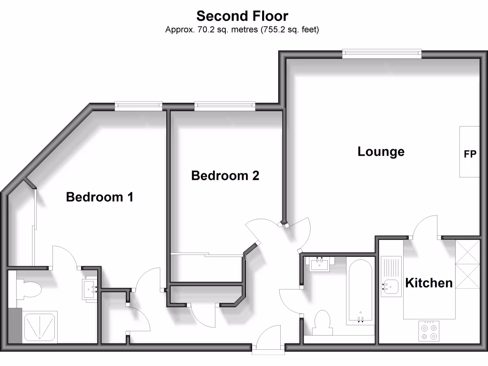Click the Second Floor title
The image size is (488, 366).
pos(242,16)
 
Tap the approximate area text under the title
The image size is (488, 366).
pos(242,30)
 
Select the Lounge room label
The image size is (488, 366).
pos(381,152)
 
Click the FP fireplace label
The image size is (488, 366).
pos(469,154)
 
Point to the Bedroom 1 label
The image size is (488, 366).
pos(99,196)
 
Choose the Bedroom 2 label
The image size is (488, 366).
pos(225,175)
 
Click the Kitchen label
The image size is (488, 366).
pos(428,283)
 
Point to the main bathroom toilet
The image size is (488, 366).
pos(322,322)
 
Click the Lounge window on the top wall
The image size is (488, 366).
pos(382,54)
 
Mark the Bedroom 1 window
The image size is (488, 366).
pos(138,106)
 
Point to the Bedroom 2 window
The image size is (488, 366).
pos(224,106)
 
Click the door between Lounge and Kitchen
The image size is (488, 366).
pos(426,228)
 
